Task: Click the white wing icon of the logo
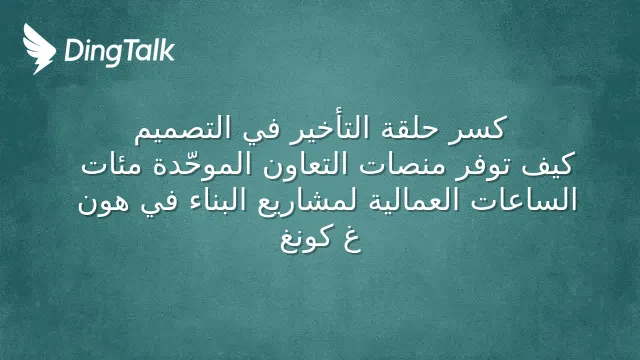click(x=39, y=49)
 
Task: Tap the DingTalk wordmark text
click(x=120, y=51)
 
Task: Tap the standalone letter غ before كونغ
click(x=351, y=240)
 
